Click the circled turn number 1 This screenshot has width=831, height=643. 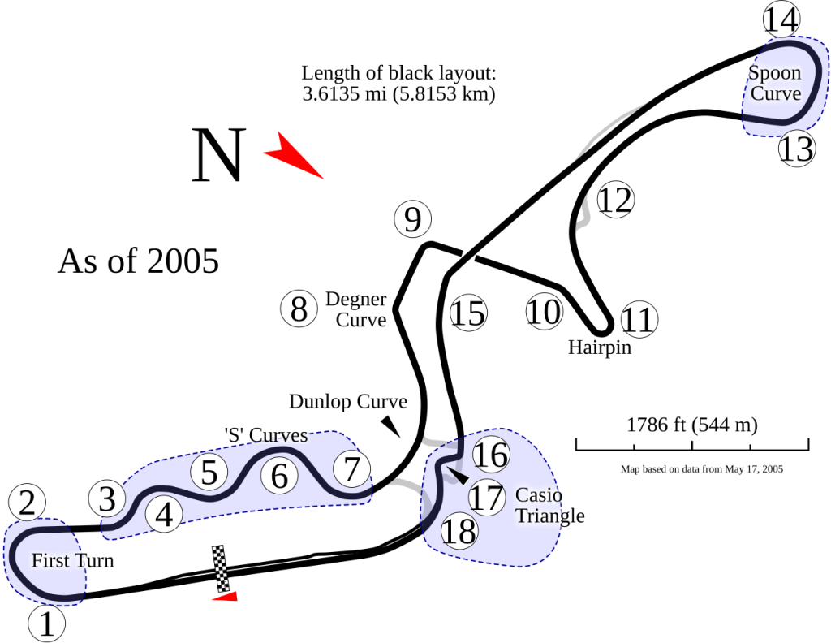click(46, 624)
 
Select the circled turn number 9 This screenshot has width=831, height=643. click(413, 219)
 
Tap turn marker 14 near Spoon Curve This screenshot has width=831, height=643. click(781, 19)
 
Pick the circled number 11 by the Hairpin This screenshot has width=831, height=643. click(639, 320)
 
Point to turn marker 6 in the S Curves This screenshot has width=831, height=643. click(279, 476)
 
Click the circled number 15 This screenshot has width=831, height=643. click(468, 313)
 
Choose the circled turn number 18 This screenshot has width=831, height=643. click(459, 531)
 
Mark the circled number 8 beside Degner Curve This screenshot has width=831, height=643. click(299, 309)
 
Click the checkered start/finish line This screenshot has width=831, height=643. click(221, 568)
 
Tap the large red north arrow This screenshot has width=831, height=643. click(292, 155)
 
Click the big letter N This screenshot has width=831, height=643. click(219, 155)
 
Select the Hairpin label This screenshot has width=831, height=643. click(600, 347)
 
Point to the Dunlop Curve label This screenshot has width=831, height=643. click(348, 402)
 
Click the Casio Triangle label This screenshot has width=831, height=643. click(549, 505)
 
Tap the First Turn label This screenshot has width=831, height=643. click(72, 560)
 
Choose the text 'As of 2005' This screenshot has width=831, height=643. click(138, 261)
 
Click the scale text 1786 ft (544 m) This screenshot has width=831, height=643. click(692, 425)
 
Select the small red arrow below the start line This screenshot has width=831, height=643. click(226, 597)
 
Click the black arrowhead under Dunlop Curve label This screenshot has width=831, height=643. click(391, 426)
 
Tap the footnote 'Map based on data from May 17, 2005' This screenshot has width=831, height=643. click(702, 468)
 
